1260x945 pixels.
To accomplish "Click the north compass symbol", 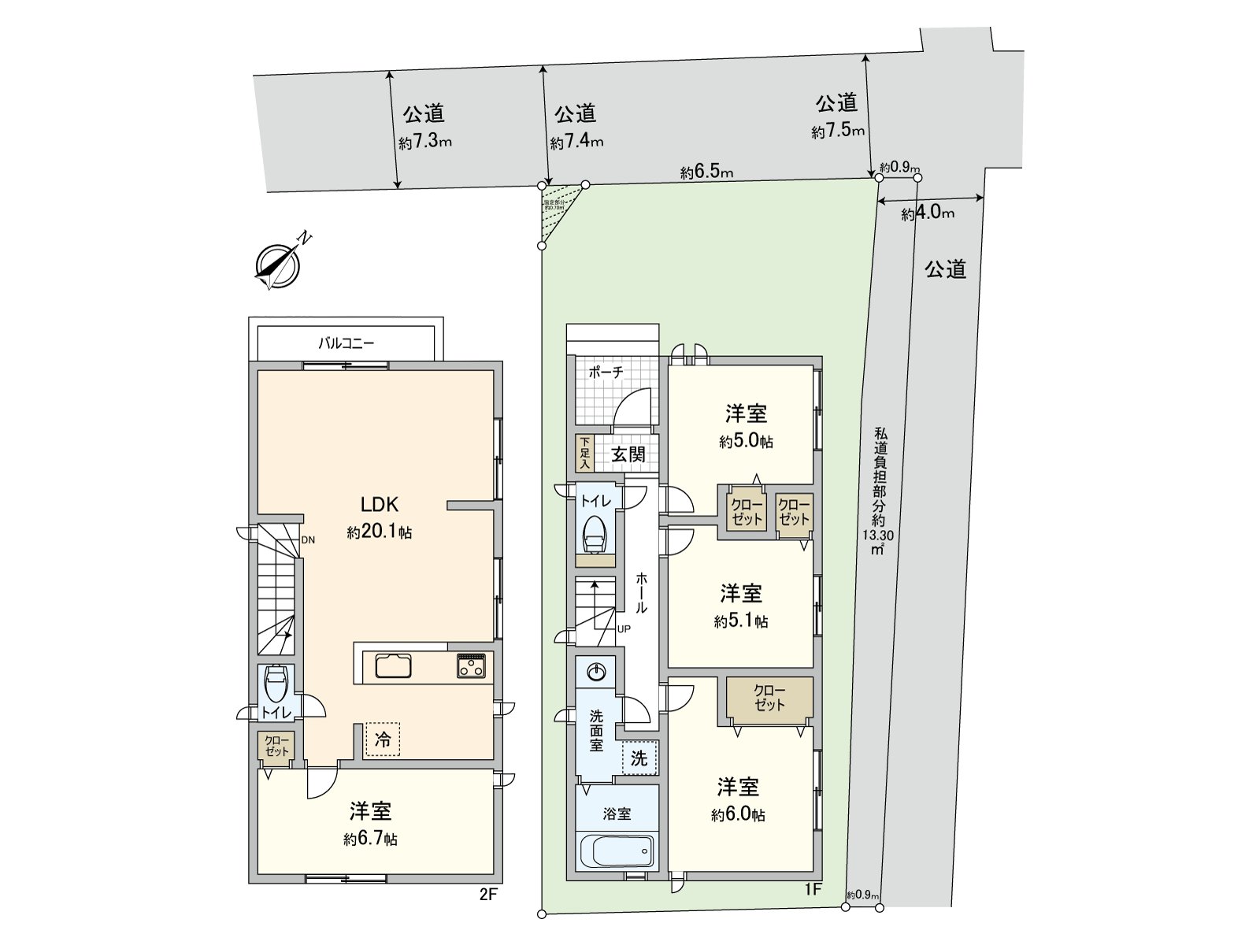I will [278, 264].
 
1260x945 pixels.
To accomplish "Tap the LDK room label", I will [380, 505].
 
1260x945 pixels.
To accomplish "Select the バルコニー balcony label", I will [346, 343].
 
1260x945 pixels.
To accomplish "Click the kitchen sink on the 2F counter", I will [393, 666].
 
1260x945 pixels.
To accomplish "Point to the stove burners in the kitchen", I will [471, 666].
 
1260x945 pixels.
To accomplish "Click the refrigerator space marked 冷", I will [382, 739].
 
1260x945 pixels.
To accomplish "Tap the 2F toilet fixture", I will [276, 685].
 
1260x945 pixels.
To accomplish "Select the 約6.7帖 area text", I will [370, 839].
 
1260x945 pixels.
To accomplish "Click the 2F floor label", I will [489, 895].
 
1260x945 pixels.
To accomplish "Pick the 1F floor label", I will [813, 890].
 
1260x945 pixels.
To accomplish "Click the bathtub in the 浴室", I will [616, 850].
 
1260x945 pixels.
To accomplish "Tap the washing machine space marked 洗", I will [639, 758].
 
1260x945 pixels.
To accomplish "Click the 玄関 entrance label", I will [628, 454].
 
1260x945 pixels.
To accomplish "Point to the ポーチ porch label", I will [606, 372].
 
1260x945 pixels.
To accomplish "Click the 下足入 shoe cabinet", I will [584, 454].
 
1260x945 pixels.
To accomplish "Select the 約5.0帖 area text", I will [746, 442].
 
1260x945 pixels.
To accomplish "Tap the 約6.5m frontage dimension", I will [707, 172].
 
